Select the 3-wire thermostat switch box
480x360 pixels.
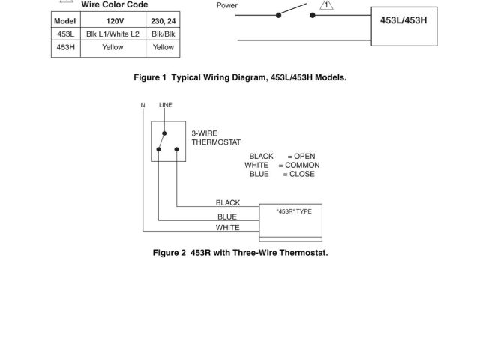tap(167, 140)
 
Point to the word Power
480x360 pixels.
tap(226, 6)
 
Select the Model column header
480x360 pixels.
tap(65, 20)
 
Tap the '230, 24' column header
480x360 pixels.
tap(163, 20)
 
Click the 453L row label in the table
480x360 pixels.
tap(65, 34)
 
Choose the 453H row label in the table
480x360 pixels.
tap(65, 47)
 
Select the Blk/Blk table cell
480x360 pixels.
tap(163, 34)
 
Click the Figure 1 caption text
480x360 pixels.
tap(240, 77)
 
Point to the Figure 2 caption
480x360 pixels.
tap(240, 253)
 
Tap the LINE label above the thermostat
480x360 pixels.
tap(166, 106)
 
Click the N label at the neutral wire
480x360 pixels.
tap(142, 106)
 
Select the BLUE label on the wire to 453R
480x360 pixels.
tap(226, 217)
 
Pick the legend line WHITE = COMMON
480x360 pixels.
tap(282, 165)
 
